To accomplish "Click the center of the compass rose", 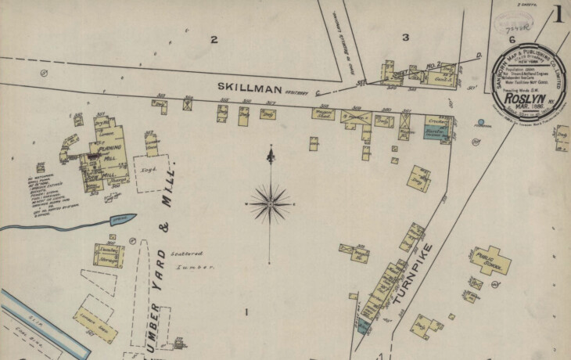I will (x=269, y=203).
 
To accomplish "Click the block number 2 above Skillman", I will (x=213, y=39).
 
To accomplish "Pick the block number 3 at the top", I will (x=405, y=37).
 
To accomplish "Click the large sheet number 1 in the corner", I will (x=559, y=14).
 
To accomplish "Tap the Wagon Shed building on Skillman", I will (x=324, y=114).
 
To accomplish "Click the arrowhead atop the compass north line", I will (x=270, y=155).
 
